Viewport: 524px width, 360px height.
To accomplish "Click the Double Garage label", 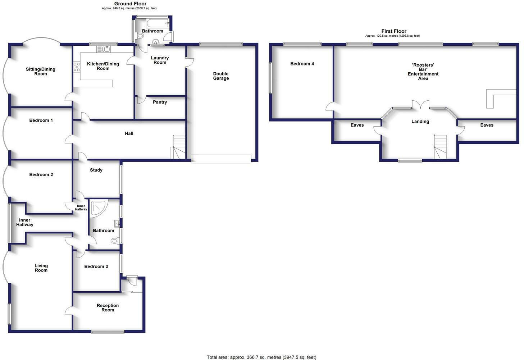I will [x=220, y=76].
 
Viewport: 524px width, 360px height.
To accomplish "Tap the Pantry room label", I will [x=160, y=102].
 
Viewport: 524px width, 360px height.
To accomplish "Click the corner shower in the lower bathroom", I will [x=98, y=209].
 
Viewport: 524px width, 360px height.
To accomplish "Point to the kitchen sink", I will [x=104, y=49].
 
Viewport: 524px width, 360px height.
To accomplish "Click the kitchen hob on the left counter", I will [x=77, y=67].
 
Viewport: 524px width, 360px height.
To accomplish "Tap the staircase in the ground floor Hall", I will [x=178, y=147].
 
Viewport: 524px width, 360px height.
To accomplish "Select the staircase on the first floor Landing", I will [x=440, y=147].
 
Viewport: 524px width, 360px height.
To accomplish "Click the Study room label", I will [x=96, y=170].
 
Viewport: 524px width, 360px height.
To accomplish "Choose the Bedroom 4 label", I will [x=302, y=64].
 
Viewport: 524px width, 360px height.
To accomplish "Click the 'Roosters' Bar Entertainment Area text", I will [x=423, y=72].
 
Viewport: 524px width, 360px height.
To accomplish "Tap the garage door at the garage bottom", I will [x=221, y=159].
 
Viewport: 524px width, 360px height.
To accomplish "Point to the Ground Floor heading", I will [x=130, y=4].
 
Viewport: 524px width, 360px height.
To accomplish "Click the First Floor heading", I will [x=393, y=31].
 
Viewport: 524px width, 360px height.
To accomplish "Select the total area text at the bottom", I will [x=261, y=357].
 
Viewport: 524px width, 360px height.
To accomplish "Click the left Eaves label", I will [x=357, y=125].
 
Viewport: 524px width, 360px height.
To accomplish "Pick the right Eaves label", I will [x=486, y=125].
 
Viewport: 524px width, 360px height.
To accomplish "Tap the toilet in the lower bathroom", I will [x=115, y=241].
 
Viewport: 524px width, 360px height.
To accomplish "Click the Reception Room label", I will [x=108, y=307].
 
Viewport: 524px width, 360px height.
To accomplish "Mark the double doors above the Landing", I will [x=420, y=104].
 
